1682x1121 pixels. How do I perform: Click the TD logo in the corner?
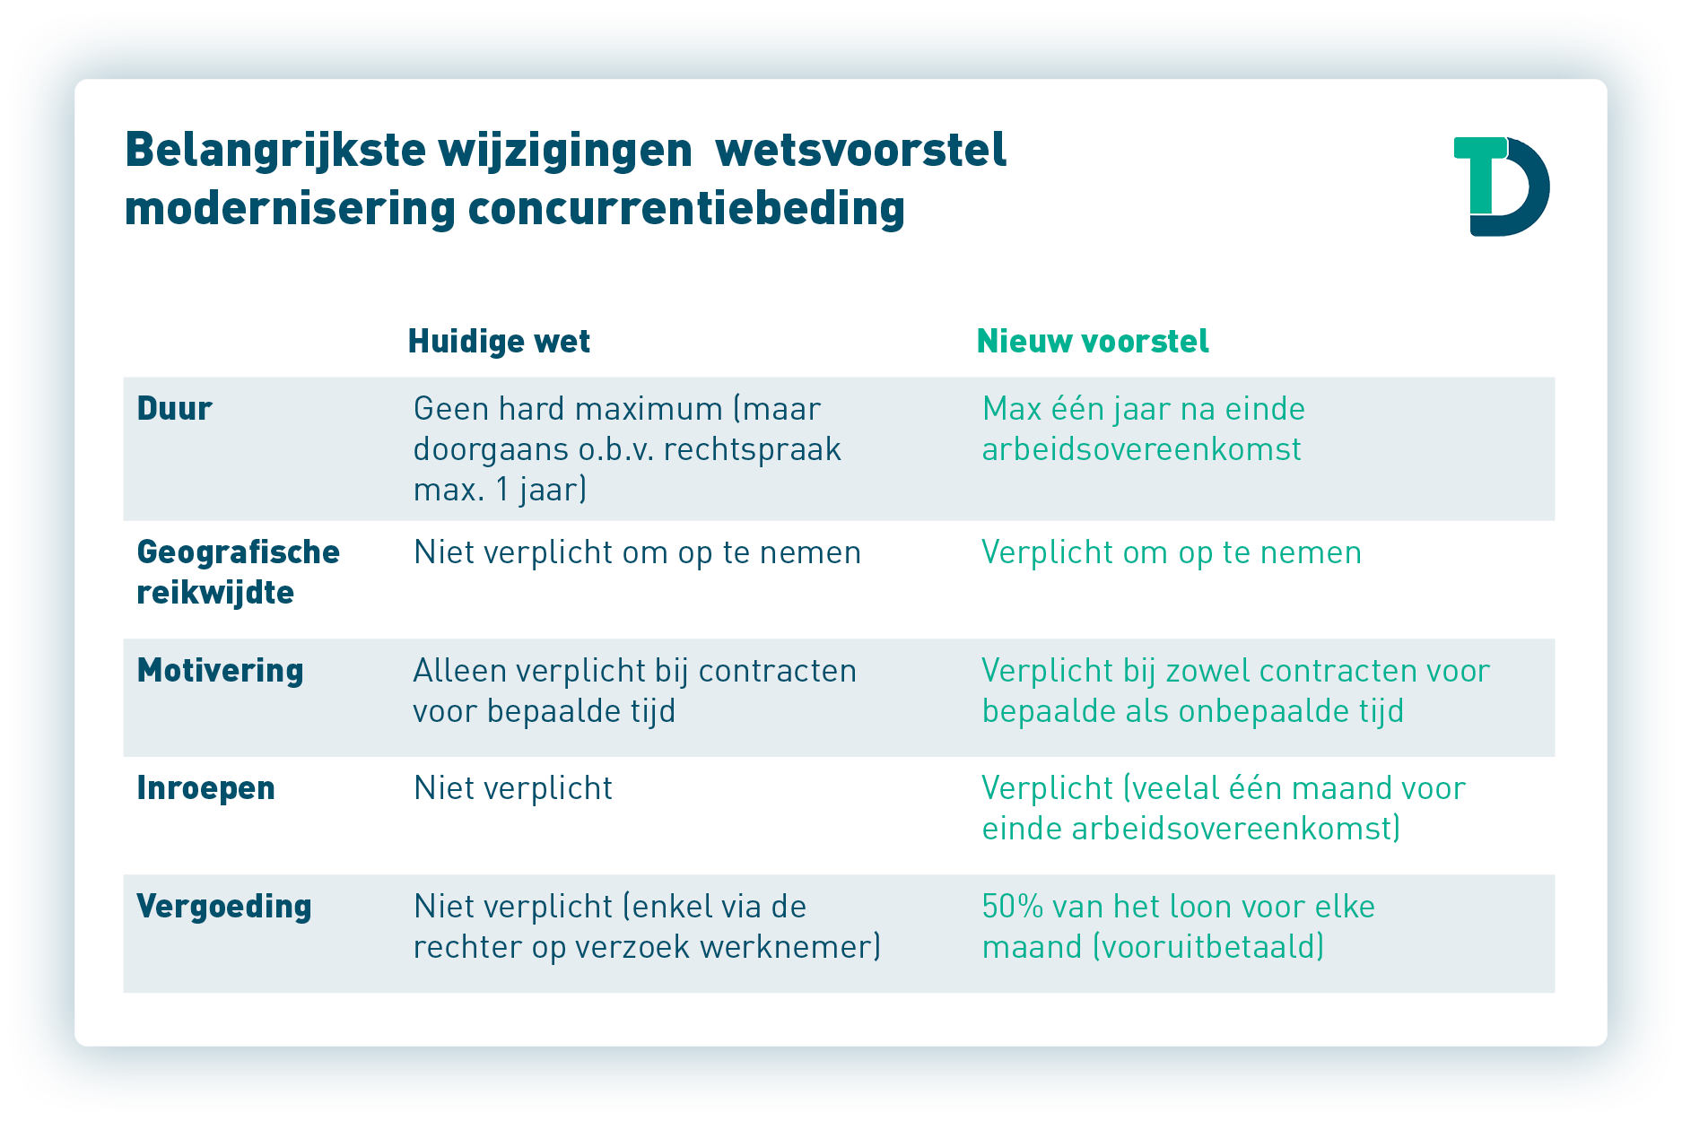[1501, 186]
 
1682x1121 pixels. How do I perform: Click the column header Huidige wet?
[499, 341]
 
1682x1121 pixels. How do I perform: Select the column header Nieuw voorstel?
[1093, 341]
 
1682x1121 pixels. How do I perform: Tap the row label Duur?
[174, 409]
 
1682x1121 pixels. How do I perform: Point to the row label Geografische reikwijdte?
[238, 572]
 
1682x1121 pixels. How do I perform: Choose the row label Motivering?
[220, 671]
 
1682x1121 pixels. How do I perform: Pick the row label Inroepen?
[205, 788]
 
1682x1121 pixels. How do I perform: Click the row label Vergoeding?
[224, 907]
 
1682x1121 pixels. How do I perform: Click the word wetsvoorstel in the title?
[861, 150]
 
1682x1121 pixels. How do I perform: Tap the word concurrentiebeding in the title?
[686, 209]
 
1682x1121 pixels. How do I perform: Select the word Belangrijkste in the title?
[275, 151]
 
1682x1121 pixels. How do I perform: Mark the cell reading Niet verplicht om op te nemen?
[637, 553]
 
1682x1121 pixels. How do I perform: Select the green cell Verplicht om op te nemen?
[1172, 553]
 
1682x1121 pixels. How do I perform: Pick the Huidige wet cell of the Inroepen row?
[513, 788]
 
